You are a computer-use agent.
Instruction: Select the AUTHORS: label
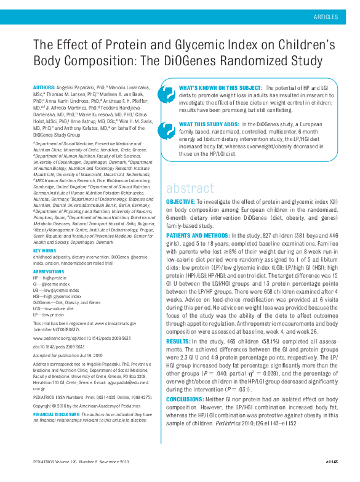[46, 89]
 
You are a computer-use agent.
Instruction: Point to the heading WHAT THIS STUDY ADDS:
[209, 124]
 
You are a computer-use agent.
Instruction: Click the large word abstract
[190, 188]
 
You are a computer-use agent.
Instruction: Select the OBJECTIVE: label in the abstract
[182, 202]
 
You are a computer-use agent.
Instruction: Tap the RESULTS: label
[178, 340]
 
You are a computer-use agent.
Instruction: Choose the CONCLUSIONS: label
[186, 398]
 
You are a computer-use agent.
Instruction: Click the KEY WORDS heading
[44, 251]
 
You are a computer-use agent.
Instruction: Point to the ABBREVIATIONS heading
[48, 271]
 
